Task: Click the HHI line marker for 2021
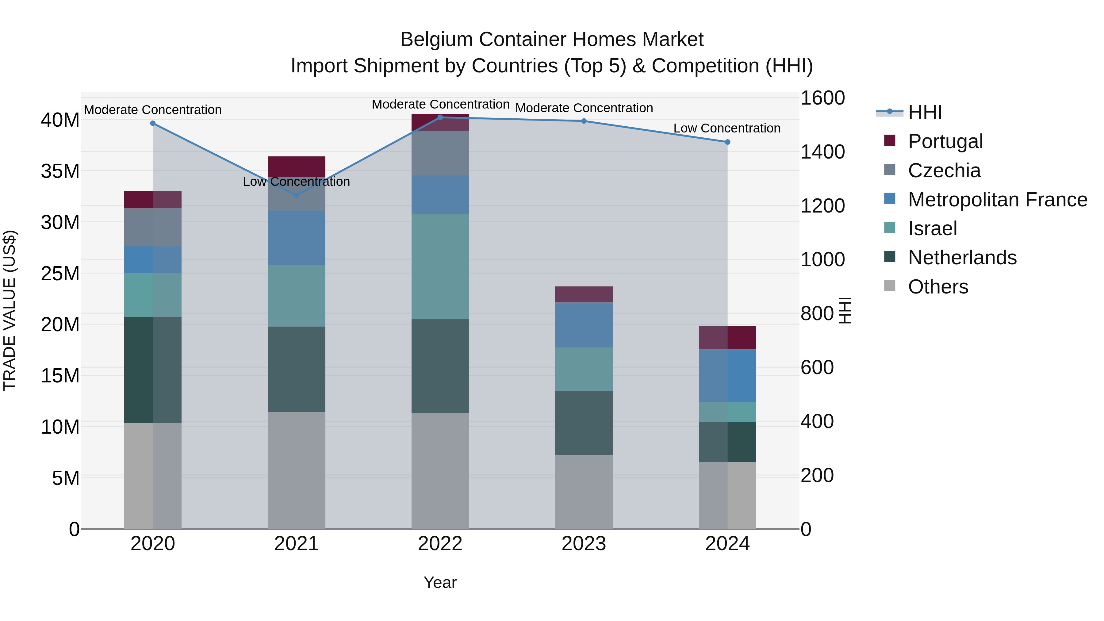[x=296, y=195]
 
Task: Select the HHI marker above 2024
[x=727, y=142]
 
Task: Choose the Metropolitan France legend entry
[x=997, y=199]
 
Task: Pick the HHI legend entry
[x=924, y=112]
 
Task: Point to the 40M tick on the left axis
[x=60, y=120]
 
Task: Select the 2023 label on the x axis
[x=583, y=544]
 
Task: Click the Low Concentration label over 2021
[x=296, y=182]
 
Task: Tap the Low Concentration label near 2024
[x=726, y=128]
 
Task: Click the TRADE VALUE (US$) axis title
[x=10, y=310]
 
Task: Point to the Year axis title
[x=440, y=582]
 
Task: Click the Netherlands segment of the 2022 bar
[x=440, y=366]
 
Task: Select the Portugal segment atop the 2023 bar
[x=583, y=294]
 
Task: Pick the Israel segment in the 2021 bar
[x=296, y=296]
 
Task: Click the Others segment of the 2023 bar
[x=583, y=492]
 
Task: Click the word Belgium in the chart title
[x=437, y=40]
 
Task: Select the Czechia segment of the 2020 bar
[x=153, y=227]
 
